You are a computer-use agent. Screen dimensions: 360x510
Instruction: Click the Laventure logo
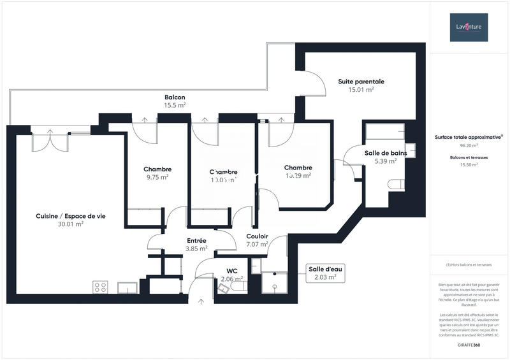pos(469,27)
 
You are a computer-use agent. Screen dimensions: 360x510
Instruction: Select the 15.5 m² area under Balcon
pos(175,105)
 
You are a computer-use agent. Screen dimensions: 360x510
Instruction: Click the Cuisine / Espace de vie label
pos(71,216)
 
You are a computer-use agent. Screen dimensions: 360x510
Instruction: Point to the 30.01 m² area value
pos(71,224)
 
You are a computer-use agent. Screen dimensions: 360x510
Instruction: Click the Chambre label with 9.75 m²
pos(157,169)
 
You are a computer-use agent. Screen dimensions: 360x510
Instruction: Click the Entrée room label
pos(196,240)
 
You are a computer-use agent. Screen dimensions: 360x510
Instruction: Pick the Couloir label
pos(257,236)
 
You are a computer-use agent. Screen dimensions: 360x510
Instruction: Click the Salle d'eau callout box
pos(325,273)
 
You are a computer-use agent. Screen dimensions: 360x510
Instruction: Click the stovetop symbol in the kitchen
pos(100,287)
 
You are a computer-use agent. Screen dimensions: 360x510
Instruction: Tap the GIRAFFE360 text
pos(469,345)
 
